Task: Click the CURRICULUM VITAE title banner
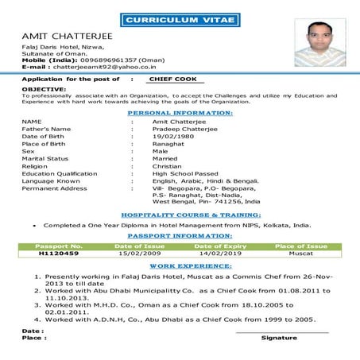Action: point(180,18)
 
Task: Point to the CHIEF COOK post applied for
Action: point(176,80)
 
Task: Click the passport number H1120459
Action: point(60,254)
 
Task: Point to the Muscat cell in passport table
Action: point(300,254)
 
